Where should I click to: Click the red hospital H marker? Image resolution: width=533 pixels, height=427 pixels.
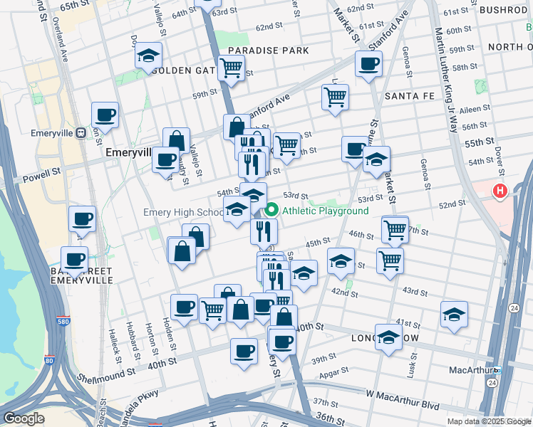click(x=500, y=191)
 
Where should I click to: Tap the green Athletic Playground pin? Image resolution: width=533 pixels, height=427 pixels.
click(x=271, y=211)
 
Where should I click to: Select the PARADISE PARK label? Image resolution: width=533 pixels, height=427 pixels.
click(x=269, y=51)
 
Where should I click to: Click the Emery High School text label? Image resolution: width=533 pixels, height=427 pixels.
click(x=183, y=212)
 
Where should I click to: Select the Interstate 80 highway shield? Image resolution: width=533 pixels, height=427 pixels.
click(x=48, y=361)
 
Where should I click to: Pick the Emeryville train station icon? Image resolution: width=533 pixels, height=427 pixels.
click(x=81, y=133)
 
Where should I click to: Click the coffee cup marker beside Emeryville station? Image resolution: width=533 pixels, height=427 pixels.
click(x=105, y=115)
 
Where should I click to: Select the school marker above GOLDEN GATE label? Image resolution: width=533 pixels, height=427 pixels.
click(x=148, y=56)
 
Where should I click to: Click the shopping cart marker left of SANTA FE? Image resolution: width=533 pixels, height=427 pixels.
click(x=335, y=97)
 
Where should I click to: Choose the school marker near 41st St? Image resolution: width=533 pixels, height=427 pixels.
click(x=454, y=314)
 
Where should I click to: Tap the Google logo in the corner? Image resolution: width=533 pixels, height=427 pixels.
click(x=24, y=418)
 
